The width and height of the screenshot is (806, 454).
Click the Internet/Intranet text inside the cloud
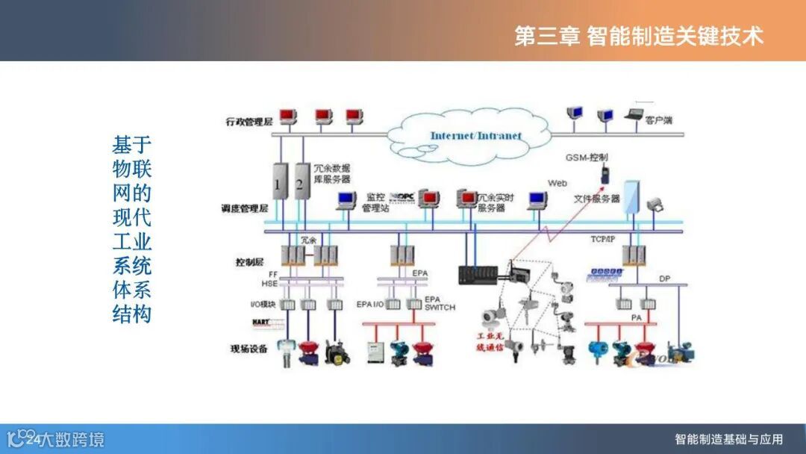pos(475,136)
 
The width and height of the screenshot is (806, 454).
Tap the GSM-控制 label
pos(588,158)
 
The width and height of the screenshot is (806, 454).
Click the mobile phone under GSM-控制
pos(604,176)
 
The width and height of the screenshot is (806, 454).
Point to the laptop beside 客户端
pos(634,115)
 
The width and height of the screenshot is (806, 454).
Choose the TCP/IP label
pos(603,239)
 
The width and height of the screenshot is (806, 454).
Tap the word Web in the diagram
pos(557,183)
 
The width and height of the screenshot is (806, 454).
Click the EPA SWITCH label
pos(440,303)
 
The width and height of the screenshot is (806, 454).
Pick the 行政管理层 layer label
pos(250,120)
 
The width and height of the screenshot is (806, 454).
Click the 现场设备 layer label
pos(251,348)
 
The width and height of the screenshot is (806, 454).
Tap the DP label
pos(664,279)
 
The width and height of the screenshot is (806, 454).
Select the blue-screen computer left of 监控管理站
pos(346,199)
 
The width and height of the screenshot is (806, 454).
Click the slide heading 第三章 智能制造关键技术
pos(639,35)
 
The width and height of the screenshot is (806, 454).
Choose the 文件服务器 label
pos(596,199)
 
